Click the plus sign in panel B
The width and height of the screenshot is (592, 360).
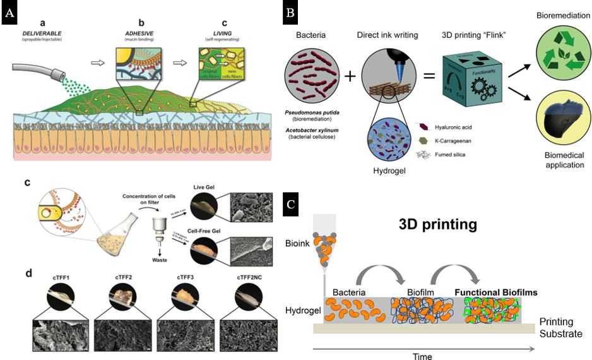(351, 76)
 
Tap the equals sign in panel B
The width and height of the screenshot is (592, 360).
(429, 76)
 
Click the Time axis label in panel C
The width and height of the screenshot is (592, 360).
(422, 355)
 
